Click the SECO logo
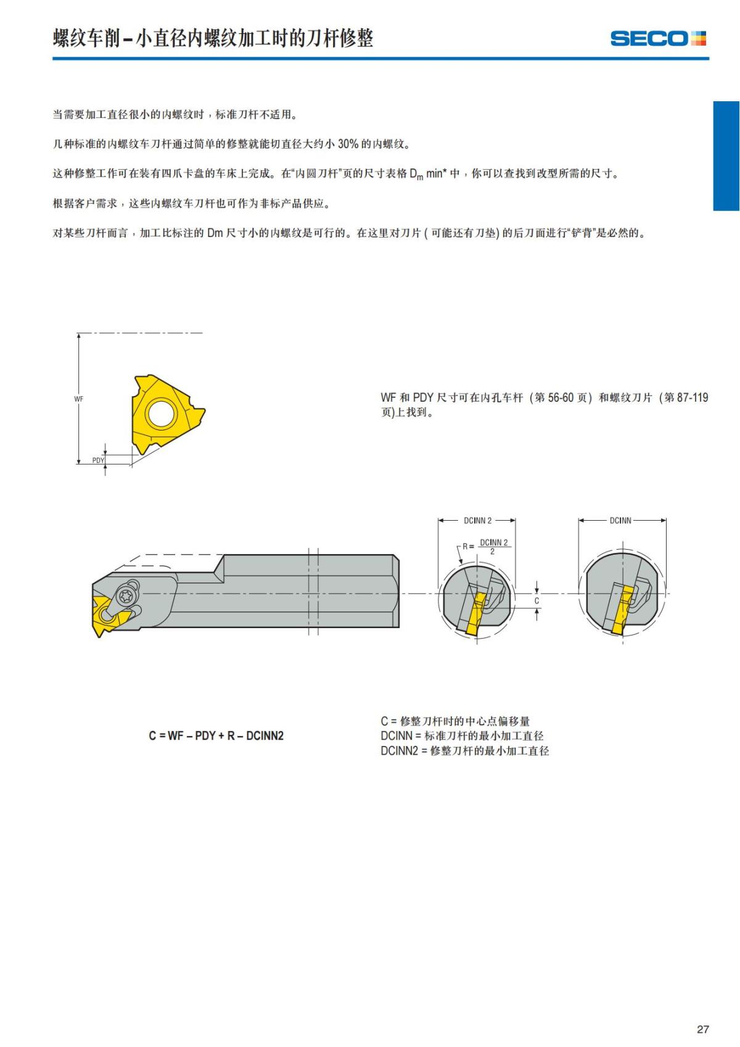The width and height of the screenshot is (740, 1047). tap(657, 38)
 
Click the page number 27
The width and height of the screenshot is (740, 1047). tap(702, 1029)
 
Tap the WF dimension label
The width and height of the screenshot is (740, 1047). tap(79, 399)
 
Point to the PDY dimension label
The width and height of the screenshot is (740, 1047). tap(98, 460)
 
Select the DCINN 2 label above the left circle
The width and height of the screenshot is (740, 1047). tap(477, 521)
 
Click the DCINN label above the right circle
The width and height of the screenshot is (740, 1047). tap(620, 521)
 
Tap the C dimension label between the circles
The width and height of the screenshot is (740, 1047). tap(536, 600)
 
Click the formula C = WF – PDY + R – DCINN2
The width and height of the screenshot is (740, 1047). tap(216, 736)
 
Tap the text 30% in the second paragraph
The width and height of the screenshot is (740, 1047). tap(348, 144)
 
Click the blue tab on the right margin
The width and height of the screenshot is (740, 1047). tap(726, 156)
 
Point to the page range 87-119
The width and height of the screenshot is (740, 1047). tap(692, 398)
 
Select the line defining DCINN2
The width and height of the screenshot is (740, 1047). tap(464, 751)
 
